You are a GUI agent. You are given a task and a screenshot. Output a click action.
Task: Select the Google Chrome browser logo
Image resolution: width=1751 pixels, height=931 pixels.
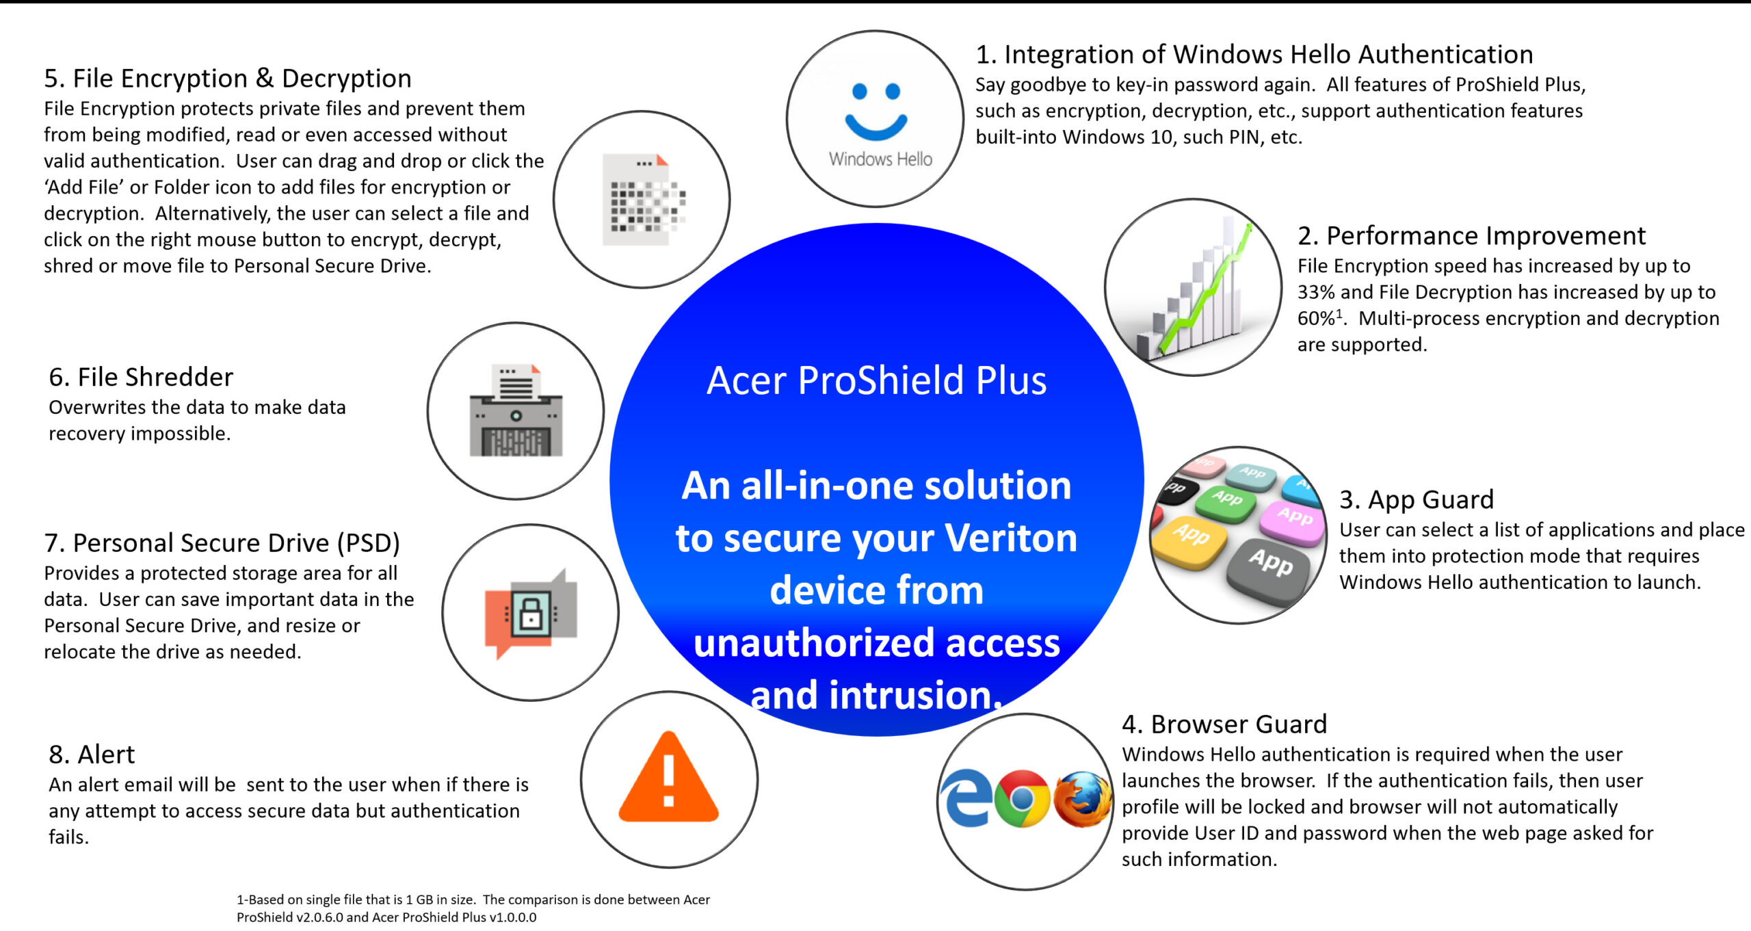coord(1023,798)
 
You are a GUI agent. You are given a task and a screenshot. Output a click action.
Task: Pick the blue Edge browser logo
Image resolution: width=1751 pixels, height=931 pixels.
coord(966,798)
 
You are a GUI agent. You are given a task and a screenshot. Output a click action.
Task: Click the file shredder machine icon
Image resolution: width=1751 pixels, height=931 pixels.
coord(516,410)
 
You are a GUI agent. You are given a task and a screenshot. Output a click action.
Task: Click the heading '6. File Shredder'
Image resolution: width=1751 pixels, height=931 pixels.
coord(141,377)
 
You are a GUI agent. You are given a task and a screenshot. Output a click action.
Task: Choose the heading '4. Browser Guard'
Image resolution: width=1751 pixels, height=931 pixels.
coord(1224,724)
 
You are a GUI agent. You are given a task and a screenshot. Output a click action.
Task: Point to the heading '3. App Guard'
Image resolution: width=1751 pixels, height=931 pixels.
coord(1417,499)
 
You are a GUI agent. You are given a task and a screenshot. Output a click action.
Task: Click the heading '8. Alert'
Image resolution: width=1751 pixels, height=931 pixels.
coord(92,755)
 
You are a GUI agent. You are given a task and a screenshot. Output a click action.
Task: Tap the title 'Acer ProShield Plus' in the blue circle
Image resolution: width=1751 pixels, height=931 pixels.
coord(876,380)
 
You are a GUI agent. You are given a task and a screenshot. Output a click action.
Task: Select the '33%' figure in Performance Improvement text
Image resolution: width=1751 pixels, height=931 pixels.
coord(1316,292)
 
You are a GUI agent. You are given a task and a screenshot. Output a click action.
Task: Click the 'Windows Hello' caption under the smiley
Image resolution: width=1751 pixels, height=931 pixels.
coord(880,159)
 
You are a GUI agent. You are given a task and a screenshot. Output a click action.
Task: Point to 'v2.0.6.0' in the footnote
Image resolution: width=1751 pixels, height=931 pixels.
coord(319,917)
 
